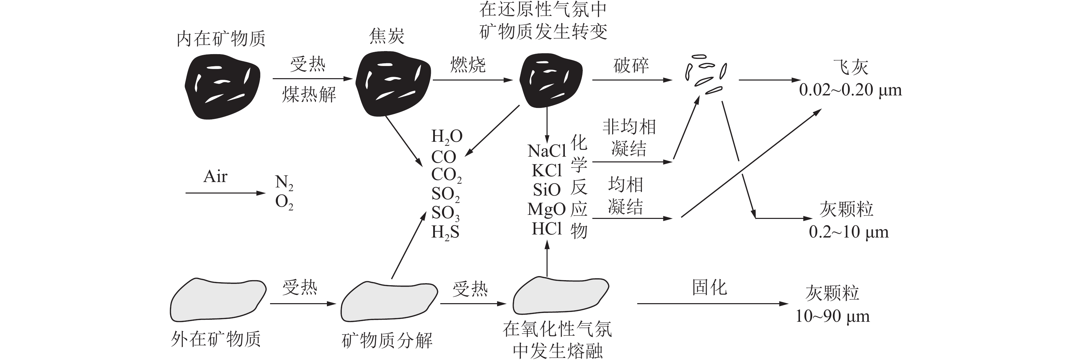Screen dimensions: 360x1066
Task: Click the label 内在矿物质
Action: point(221,39)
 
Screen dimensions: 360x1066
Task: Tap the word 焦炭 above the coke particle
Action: point(386,37)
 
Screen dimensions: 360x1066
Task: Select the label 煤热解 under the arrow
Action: point(309,95)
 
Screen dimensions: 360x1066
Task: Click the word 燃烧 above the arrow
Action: point(468,65)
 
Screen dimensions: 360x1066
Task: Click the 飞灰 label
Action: point(850,67)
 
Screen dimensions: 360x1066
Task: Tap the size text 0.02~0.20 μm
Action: point(850,90)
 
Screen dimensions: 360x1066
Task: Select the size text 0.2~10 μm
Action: point(848,232)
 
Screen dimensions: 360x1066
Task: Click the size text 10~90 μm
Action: point(832,317)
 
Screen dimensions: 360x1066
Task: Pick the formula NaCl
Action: point(547,151)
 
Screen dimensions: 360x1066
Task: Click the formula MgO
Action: point(546,209)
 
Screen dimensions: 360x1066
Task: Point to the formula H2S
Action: point(445,232)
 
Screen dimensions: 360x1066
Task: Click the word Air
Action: point(215,177)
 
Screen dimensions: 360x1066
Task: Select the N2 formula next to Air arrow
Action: point(284,182)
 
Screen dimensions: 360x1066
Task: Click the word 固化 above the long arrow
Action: point(709,287)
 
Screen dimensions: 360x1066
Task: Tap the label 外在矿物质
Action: point(216,339)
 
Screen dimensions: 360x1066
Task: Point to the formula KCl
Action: point(547,171)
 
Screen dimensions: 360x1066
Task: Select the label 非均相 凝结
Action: point(628,138)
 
